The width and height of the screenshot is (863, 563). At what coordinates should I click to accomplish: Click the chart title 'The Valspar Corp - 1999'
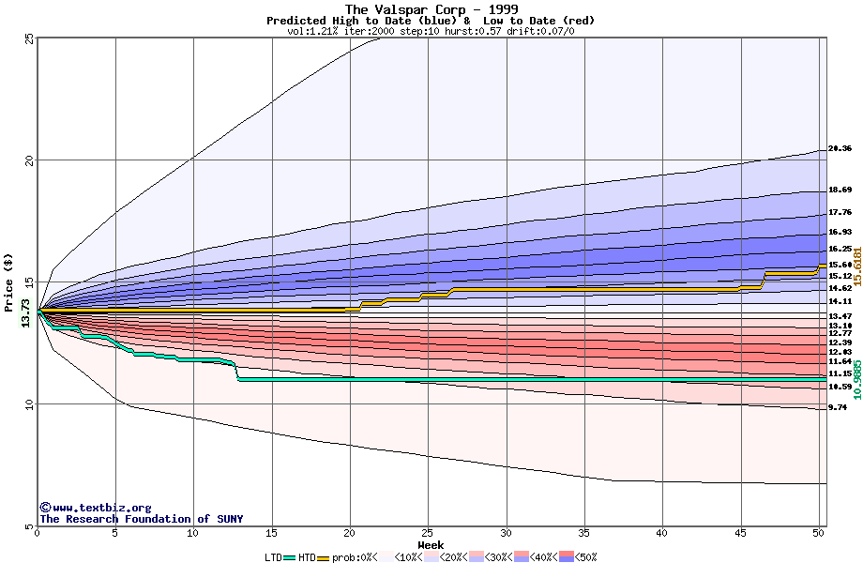[x=431, y=9]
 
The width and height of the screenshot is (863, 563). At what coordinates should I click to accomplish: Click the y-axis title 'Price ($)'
[x=8, y=282]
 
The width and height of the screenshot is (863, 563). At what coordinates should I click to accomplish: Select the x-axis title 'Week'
[x=431, y=545]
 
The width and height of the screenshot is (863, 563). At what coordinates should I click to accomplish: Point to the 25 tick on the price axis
[x=29, y=38]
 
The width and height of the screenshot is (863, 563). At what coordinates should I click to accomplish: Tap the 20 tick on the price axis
[x=29, y=160]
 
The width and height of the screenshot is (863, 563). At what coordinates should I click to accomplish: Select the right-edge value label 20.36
[x=840, y=149]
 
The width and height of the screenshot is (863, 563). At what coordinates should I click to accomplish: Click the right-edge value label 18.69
[x=840, y=190]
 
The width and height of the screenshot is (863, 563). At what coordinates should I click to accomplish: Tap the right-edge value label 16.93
[x=840, y=232]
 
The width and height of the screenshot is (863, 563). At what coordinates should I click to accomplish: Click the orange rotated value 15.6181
[x=856, y=266]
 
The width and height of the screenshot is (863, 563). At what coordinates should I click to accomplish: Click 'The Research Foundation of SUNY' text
[x=141, y=519]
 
